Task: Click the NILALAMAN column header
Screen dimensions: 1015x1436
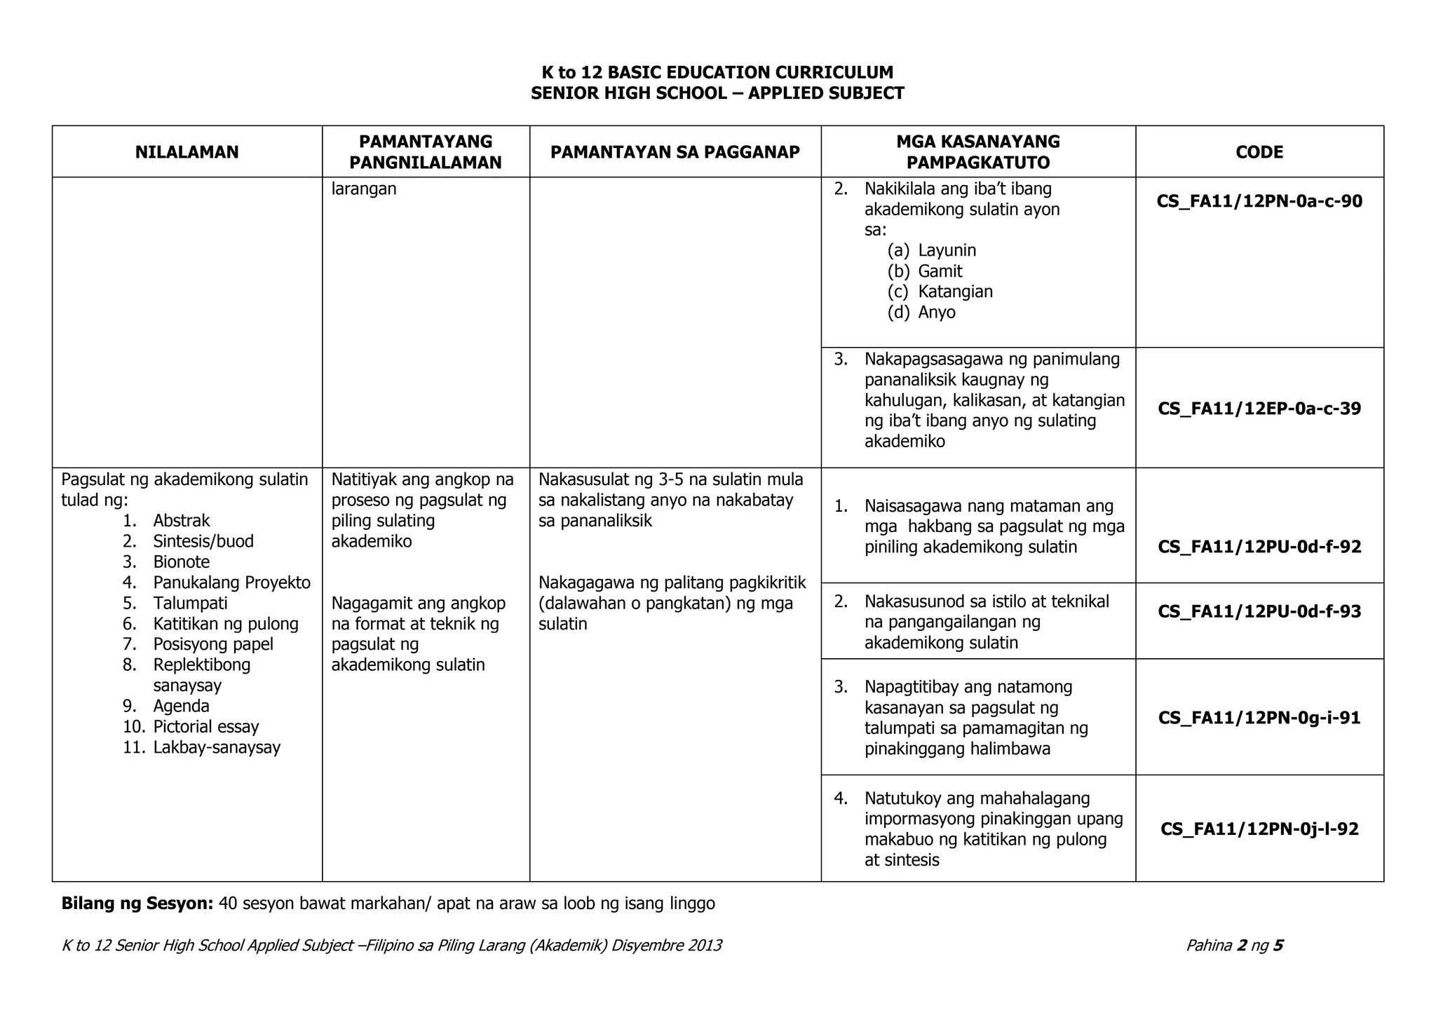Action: pos(187,152)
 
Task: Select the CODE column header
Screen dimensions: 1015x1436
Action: pos(1259,152)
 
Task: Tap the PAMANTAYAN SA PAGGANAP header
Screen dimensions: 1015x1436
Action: pos(675,152)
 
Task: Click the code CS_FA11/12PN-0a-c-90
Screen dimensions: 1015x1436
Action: pos(1259,202)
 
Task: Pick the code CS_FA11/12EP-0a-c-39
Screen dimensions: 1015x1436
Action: pos(1259,409)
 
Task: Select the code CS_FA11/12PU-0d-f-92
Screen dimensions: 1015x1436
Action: pos(1259,547)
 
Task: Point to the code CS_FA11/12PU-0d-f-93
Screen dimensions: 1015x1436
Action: pos(1259,611)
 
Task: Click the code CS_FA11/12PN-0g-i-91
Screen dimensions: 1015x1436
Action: pos(1259,718)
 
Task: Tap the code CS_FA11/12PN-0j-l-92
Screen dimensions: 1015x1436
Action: pos(1259,829)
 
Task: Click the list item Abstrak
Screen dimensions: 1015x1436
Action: pos(181,521)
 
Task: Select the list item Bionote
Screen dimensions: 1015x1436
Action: pos(181,562)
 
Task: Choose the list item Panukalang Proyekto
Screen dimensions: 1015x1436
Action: pos(231,583)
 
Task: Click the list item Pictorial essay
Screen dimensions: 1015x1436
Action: pos(205,727)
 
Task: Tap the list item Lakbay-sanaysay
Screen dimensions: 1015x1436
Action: pos(216,747)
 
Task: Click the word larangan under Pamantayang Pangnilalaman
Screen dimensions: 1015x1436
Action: pos(363,189)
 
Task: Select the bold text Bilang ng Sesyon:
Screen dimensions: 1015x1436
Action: pos(137,904)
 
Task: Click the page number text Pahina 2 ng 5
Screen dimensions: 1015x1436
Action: pos(1234,946)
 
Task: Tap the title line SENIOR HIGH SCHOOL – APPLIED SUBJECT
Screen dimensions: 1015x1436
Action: pos(717,93)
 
